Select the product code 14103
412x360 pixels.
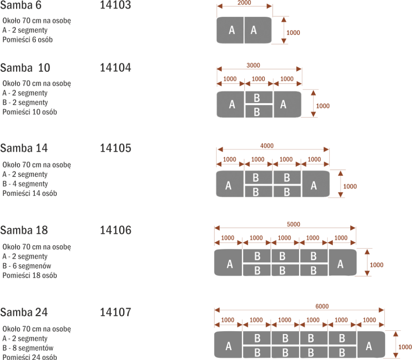(x=115, y=5)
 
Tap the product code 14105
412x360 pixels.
(x=115, y=148)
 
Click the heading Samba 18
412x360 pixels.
(x=24, y=230)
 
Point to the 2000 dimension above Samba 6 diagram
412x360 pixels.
(x=244, y=2)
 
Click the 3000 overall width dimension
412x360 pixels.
(x=253, y=66)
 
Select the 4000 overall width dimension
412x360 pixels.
(x=267, y=146)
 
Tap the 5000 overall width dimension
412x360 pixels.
(x=293, y=224)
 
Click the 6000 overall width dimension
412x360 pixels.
(x=322, y=306)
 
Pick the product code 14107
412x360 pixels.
(x=115, y=313)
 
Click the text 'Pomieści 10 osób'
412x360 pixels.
(x=30, y=112)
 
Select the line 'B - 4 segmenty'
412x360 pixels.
(x=25, y=184)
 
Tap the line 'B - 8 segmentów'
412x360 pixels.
(x=28, y=348)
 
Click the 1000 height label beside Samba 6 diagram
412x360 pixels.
(x=293, y=33)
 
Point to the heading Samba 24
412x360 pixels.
(x=24, y=313)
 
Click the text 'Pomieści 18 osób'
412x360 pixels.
(x=30, y=275)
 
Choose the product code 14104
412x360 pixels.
(x=115, y=68)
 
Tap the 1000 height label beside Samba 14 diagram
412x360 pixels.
(x=350, y=186)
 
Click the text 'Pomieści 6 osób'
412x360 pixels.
(x=28, y=40)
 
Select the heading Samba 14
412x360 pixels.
(x=24, y=148)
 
